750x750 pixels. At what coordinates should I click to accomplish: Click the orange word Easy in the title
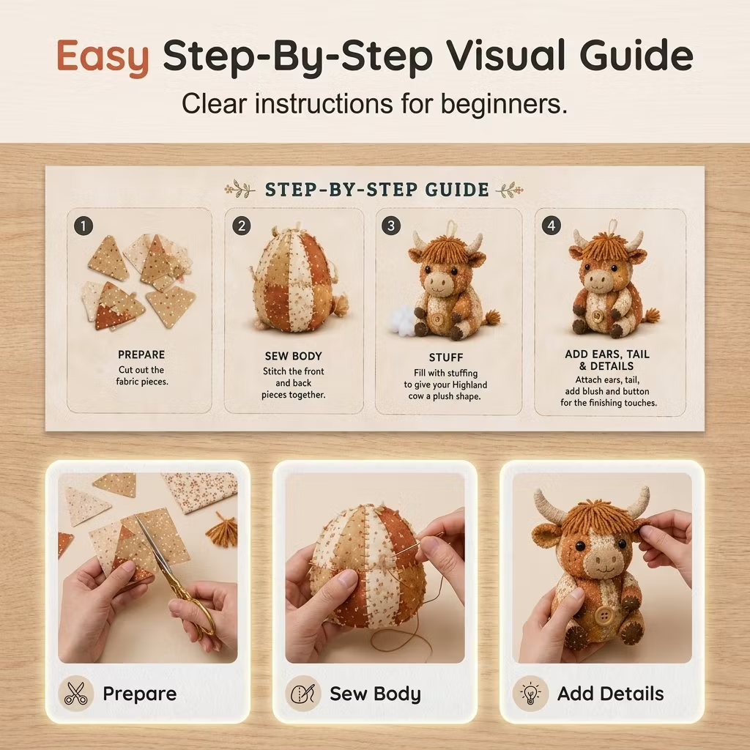(x=103, y=57)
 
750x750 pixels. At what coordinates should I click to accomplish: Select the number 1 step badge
(x=83, y=226)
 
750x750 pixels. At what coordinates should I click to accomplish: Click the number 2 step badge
(x=242, y=226)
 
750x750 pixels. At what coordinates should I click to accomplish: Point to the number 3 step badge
(x=391, y=226)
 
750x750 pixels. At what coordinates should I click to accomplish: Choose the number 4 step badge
(x=552, y=226)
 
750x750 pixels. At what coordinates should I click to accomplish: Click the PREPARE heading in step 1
(x=141, y=354)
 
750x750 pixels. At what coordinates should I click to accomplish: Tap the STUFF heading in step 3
(x=446, y=357)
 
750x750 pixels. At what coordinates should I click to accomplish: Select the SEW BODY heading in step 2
(x=293, y=356)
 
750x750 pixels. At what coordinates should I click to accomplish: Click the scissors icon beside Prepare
(x=75, y=693)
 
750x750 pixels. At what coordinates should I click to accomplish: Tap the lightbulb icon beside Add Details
(x=530, y=693)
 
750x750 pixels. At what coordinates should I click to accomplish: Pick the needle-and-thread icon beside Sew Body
(x=302, y=693)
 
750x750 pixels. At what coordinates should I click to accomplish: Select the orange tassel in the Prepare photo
(x=223, y=529)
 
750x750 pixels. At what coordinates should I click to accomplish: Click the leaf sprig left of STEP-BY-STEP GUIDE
(x=240, y=190)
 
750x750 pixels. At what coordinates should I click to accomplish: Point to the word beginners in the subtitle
(x=504, y=104)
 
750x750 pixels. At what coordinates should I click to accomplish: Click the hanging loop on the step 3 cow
(x=450, y=227)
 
